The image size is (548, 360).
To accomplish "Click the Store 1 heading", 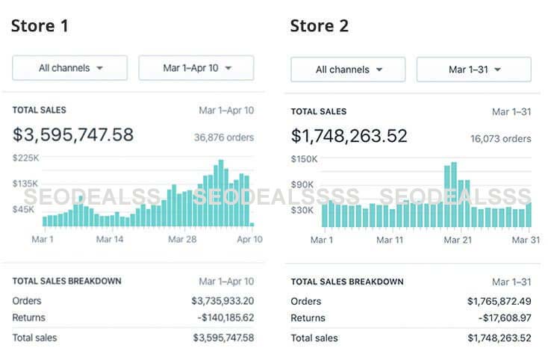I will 40,26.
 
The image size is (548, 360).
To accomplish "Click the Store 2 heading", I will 319,26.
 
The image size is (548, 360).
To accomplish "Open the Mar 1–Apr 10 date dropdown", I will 196,68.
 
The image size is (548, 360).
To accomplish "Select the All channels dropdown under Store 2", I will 348,69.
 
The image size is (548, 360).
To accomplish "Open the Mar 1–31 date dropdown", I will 474,69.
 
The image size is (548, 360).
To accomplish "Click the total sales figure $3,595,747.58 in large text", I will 73,135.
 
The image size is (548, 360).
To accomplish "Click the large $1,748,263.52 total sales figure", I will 349,137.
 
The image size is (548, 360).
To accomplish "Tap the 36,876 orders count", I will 223,137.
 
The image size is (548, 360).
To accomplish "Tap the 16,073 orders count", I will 500,139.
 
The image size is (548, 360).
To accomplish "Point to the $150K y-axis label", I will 304,159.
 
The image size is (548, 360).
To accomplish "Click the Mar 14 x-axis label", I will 110,239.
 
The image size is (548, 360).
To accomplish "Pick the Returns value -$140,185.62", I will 222,318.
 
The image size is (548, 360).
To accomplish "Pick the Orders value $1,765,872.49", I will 499,301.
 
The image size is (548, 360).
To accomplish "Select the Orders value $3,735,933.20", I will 222,300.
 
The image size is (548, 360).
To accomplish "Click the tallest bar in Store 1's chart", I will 220,194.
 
